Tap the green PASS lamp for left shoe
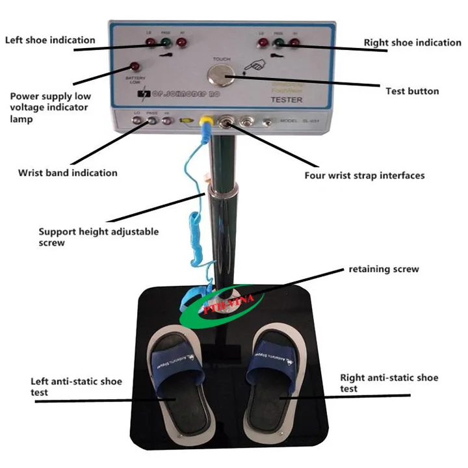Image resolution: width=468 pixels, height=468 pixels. [164, 45]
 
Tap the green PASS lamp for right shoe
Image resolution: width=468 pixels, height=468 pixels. [279, 44]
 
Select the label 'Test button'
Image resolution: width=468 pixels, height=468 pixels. [411, 91]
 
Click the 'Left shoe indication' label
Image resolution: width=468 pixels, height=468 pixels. [50, 40]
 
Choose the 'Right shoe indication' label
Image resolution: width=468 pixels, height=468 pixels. [412, 43]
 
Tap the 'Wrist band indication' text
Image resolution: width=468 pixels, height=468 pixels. [68, 173]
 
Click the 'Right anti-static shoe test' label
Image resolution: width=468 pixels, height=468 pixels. [389, 383]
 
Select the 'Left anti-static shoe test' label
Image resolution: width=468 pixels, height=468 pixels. [76, 387]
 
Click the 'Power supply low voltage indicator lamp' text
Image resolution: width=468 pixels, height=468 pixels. [50, 107]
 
